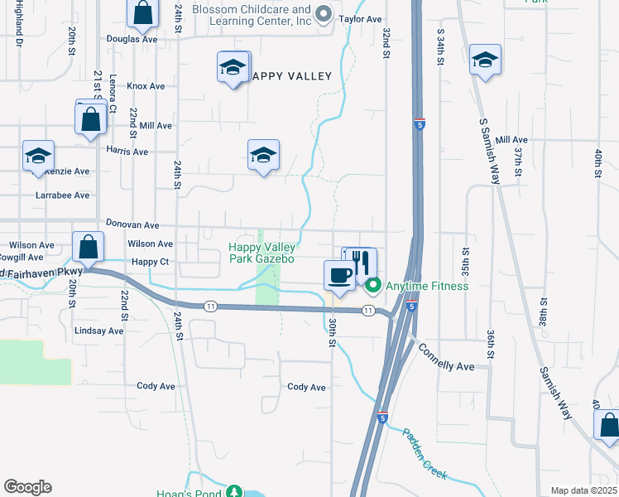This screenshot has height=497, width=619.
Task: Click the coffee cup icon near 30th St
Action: [x=339, y=274]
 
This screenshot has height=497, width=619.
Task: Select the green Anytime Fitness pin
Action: [x=372, y=286]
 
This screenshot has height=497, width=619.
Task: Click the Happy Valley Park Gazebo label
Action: [x=262, y=253]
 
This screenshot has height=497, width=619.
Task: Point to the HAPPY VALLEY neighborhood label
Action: [x=286, y=76]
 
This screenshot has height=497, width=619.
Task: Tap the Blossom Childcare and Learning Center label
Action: [x=252, y=15]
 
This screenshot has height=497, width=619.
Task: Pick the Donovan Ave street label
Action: [x=132, y=224]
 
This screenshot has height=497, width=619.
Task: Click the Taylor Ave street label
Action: [x=360, y=18]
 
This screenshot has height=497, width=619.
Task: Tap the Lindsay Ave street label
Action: [x=98, y=331]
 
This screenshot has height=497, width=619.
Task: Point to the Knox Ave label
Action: [x=147, y=85]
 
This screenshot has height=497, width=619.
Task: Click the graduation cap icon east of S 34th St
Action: [x=485, y=60]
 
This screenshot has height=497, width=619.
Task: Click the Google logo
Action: [x=27, y=487]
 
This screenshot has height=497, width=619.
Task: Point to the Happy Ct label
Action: [x=150, y=262]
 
